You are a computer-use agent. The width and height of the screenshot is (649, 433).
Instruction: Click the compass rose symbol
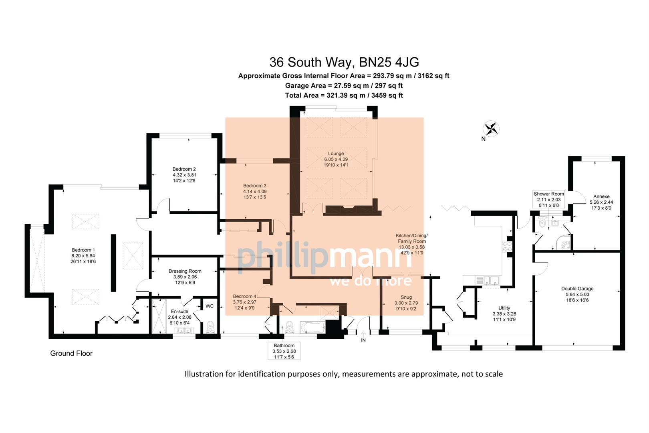click(491, 129)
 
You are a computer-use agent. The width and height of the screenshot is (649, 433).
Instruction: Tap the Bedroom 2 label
click(184, 175)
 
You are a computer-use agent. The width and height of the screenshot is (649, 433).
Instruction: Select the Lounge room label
click(336, 159)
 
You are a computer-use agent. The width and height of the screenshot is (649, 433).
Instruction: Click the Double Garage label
click(577, 294)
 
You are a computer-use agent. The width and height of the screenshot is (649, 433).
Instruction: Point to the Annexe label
click(601, 202)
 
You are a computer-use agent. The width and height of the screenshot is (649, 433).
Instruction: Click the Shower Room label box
click(548, 199)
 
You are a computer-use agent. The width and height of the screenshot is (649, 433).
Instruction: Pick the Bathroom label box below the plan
click(284, 351)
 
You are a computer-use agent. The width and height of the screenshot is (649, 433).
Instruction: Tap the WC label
click(210, 306)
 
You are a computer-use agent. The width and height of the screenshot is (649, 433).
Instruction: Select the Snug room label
click(406, 303)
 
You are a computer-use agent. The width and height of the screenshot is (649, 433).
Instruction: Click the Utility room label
click(504, 314)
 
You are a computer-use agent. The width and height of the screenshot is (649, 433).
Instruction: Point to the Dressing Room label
click(185, 277)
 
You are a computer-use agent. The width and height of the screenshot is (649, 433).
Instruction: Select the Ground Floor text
click(71, 353)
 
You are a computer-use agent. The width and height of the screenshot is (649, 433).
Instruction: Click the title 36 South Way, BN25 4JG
click(344, 62)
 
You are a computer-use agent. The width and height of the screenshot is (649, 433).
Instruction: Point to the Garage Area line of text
click(344, 85)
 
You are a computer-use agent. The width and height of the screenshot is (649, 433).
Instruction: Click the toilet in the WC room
click(210, 327)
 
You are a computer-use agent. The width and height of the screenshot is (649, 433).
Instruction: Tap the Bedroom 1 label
click(83, 256)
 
